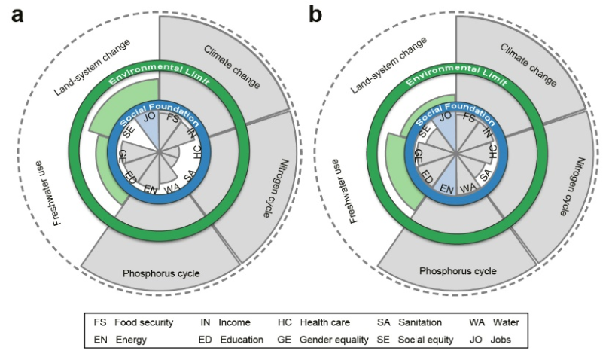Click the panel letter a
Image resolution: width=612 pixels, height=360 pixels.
17,14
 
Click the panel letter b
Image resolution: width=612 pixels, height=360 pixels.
313,14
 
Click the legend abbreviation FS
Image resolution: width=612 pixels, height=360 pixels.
100,322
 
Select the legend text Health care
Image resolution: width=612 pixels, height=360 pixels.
324,322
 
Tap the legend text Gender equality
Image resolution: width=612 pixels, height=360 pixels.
333,340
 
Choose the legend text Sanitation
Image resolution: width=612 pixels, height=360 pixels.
420,322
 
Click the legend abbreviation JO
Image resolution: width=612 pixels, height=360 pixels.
476,340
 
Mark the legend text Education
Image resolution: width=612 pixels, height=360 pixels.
242,340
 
